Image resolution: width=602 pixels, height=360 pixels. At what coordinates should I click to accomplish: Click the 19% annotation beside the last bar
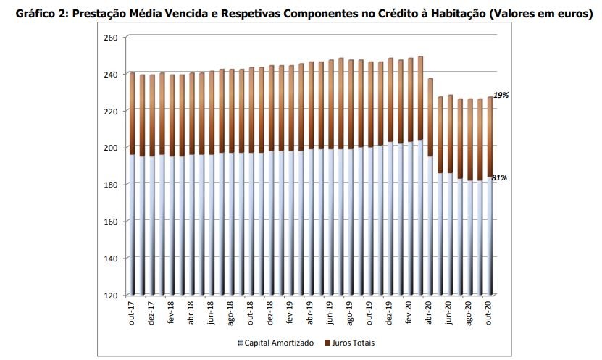pyautogui.click(x=500, y=95)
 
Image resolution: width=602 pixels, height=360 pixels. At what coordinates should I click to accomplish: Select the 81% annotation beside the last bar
pyautogui.click(x=500, y=177)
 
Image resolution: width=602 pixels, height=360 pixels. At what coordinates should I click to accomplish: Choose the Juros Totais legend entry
pyautogui.click(x=351, y=342)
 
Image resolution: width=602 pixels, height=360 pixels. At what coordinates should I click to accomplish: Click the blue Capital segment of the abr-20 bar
pyautogui.click(x=430, y=225)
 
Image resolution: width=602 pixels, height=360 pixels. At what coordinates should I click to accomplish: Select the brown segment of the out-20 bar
pyautogui.click(x=489, y=138)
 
